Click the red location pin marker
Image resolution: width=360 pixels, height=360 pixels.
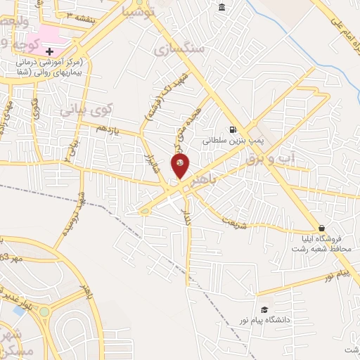(180, 166)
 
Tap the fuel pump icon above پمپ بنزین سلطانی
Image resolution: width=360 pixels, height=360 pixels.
(231, 129)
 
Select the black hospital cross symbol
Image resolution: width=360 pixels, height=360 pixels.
(49, 51)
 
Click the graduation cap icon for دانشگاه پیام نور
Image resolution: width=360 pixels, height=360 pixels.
(264, 309)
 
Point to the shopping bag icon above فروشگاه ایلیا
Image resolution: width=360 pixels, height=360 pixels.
(321, 228)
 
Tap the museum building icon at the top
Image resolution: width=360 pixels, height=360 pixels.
(222, 7)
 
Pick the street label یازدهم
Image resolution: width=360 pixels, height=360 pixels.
(112, 131)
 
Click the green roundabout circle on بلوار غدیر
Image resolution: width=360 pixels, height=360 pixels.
(44, 311)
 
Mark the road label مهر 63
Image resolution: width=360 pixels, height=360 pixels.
(13, 259)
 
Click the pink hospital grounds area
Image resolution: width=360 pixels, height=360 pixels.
(48, 35)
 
